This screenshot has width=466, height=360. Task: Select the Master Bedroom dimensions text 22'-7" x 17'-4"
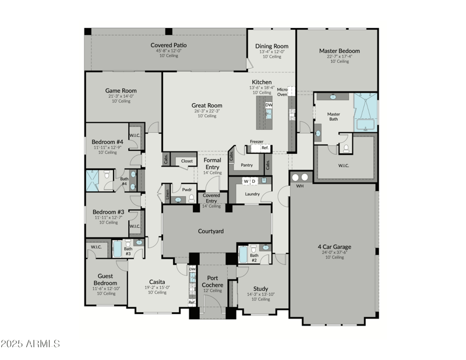[339, 57]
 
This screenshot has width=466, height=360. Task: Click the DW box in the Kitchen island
[269, 105]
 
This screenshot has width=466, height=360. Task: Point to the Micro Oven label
[283, 91]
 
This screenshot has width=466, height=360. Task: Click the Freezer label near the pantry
[256, 142]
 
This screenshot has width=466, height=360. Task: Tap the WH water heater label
[300, 186]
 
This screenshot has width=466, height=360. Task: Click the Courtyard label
[210, 231]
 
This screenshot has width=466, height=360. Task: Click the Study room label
[260, 288]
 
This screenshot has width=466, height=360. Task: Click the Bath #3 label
[128, 252]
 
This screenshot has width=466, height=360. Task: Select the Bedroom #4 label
[107, 142]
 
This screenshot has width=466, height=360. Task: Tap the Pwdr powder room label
[187, 189]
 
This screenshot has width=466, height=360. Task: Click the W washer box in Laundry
[246, 181]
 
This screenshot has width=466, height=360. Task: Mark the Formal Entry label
[211, 163]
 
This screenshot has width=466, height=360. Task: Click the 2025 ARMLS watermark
[30, 344]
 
